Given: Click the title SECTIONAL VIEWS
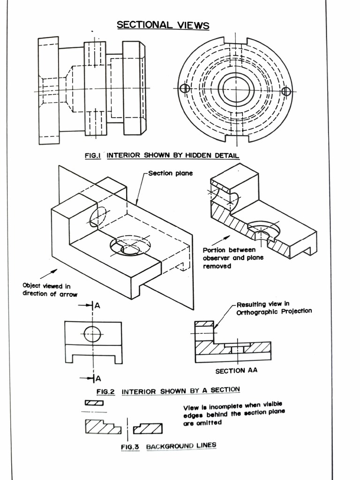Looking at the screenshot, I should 163,25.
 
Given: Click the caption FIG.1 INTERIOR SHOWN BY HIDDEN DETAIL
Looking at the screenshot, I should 162,156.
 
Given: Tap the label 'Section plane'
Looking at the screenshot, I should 170,173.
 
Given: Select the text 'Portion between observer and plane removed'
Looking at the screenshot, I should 233,258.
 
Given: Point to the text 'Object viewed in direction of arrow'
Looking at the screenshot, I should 50,290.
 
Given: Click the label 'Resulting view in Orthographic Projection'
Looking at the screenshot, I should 274,307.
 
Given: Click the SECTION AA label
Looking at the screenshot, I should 236,371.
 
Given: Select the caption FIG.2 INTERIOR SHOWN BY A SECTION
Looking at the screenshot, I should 168,390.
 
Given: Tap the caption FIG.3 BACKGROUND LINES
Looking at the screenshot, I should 168,446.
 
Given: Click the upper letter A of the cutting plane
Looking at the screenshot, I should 97,306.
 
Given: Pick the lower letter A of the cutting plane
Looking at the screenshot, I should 98,378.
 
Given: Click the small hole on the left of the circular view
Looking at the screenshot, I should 185,88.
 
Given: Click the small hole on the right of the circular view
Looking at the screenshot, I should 286,91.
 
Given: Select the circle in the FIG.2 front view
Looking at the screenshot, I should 92,334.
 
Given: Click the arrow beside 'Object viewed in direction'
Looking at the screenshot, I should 49,273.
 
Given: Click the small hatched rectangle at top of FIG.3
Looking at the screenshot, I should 94,403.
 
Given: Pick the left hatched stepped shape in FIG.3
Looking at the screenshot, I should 103,427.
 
